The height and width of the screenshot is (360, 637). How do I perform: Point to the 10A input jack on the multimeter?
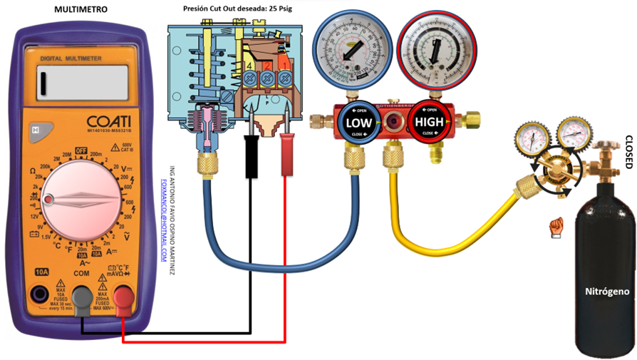pyautogui.click(x=41, y=294)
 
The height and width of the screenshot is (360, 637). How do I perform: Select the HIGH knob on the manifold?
pyautogui.click(x=430, y=122)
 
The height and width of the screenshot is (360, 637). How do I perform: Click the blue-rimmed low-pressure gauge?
pyautogui.click(x=353, y=48)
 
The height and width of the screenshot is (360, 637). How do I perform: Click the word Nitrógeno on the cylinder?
pyautogui.click(x=606, y=292)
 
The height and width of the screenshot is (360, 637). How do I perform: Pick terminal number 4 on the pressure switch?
pyautogui.click(x=249, y=66)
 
